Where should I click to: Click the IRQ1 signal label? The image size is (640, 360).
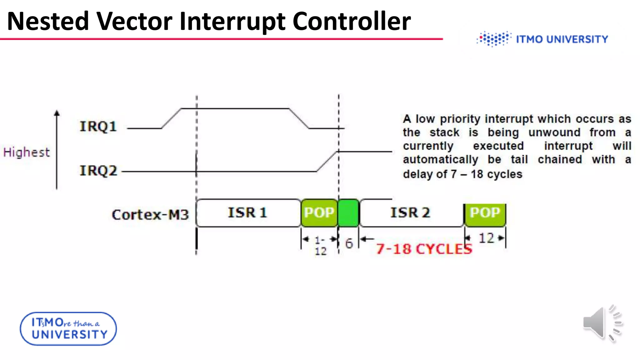(x=98, y=127)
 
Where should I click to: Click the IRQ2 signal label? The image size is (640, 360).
(x=98, y=171)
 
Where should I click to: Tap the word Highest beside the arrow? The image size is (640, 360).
(x=27, y=152)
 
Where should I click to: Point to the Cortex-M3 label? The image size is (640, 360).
(x=150, y=215)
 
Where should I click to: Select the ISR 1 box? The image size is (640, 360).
(x=248, y=213)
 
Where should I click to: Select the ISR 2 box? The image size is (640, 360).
(x=411, y=213)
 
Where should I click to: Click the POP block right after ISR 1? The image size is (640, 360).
(x=319, y=213)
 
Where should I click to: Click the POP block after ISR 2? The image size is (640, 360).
(x=485, y=213)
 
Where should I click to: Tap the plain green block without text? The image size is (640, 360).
(x=348, y=213)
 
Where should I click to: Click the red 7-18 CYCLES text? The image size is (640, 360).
(x=424, y=249)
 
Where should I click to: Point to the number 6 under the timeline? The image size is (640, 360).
(x=349, y=244)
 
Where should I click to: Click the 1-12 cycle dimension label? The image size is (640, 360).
(x=320, y=246)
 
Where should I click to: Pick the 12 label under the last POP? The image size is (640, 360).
(x=486, y=238)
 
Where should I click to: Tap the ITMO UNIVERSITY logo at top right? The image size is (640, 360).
(x=542, y=39)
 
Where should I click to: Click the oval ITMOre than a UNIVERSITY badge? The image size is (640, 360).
(x=68, y=329)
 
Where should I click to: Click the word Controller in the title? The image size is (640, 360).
(x=351, y=21)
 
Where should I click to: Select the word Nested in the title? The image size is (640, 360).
(x=48, y=21)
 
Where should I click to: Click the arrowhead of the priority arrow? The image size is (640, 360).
(x=57, y=113)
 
